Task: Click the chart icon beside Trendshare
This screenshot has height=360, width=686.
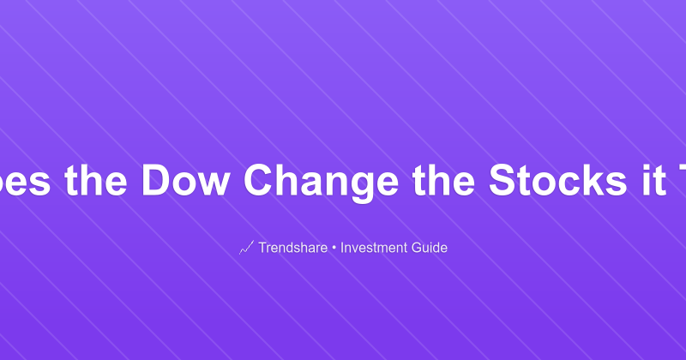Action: tap(246, 249)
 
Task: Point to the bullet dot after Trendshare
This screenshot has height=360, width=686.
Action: tap(334, 249)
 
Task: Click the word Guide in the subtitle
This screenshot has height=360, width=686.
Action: tap(429, 249)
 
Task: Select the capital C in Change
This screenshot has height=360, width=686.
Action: tap(262, 181)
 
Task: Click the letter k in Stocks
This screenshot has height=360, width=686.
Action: tap(564, 181)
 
